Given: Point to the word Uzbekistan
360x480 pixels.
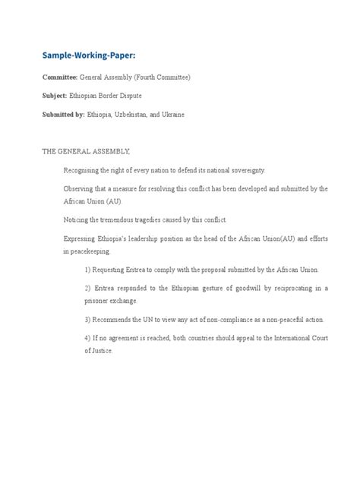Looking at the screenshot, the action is (143, 115).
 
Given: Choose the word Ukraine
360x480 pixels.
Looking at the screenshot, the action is (192, 115).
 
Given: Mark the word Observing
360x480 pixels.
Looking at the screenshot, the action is (81, 188).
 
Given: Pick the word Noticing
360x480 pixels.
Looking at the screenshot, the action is (80, 219).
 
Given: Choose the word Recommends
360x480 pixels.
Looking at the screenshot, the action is (117, 319).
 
